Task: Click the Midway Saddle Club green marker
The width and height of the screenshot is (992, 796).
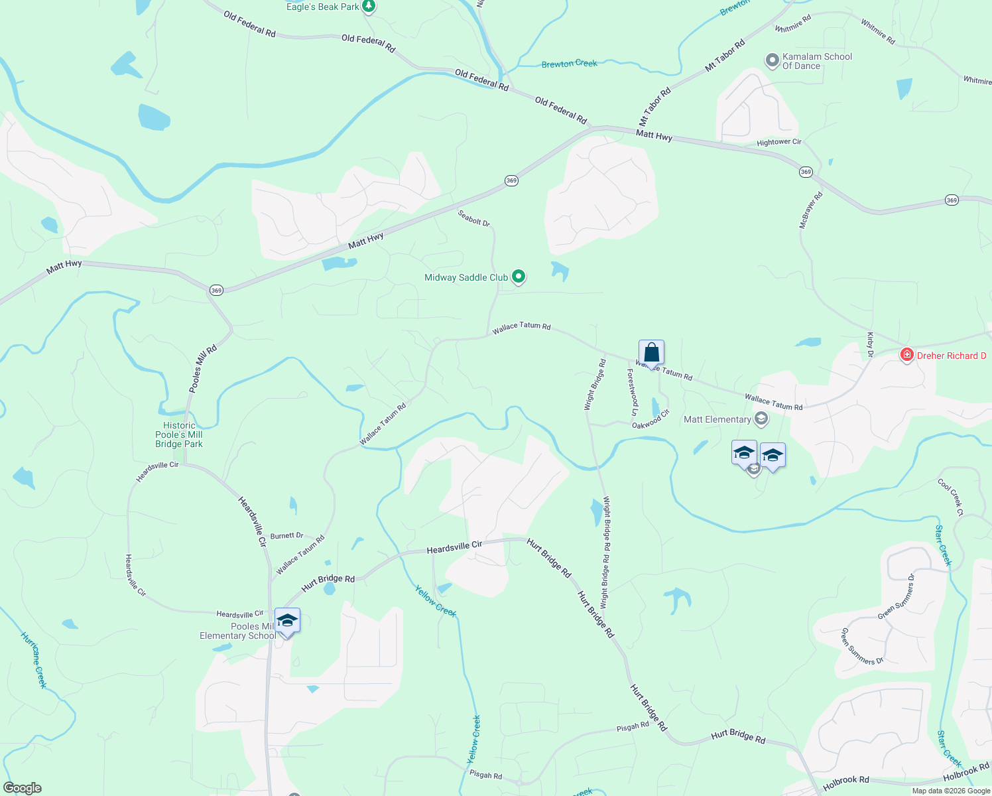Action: click(519, 277)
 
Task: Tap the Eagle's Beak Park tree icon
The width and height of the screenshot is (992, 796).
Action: click(369, 7)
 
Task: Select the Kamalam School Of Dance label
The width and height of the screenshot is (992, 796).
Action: click(817, 61)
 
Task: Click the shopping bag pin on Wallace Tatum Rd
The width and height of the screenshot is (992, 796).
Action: click(651, 353)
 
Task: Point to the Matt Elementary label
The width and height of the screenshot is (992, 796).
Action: click(717, 419)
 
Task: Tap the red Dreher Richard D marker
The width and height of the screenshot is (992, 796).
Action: click(906, 356)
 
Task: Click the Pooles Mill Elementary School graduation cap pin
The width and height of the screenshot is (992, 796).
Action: click(287, 622)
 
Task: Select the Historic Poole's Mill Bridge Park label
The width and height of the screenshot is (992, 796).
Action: click(179, 435)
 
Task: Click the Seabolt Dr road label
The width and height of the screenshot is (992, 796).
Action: click(474, 218)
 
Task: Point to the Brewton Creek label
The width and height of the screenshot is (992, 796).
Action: click(569, 64)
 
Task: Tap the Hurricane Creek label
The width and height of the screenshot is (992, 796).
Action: click(34, 659)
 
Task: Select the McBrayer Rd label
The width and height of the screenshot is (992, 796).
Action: click(810, 210)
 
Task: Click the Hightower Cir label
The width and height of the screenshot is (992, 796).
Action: click(779, 143)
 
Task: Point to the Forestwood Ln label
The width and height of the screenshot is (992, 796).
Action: click(633, 388)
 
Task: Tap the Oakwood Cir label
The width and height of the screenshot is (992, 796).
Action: click(651, 419)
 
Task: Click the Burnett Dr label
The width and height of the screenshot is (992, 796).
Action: click(286, 536)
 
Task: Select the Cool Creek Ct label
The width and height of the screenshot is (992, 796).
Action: click(950, 497)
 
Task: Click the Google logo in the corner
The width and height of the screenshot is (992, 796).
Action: click(22, 788)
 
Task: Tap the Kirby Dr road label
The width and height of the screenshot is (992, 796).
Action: click(870, 345)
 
